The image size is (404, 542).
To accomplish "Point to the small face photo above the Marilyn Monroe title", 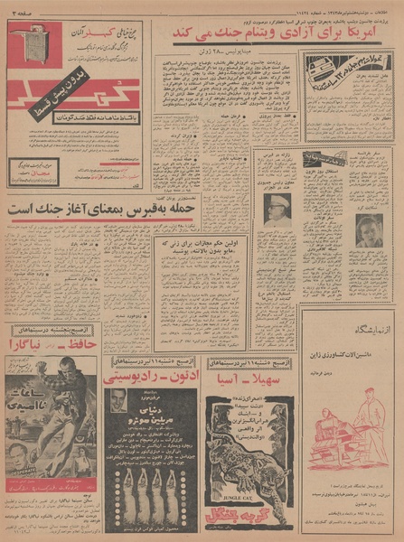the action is coord(118,400).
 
